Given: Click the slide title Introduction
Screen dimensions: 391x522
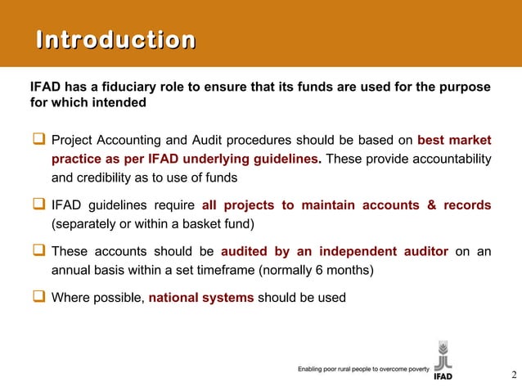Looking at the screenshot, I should click(x=115, y=40).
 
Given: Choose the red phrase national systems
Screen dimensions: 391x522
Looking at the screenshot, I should click(x=201, y=297).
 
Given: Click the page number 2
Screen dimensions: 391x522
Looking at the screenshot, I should click(x=513, y=375).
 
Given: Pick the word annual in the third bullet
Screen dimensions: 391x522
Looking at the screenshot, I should click(x=72, y=270).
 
